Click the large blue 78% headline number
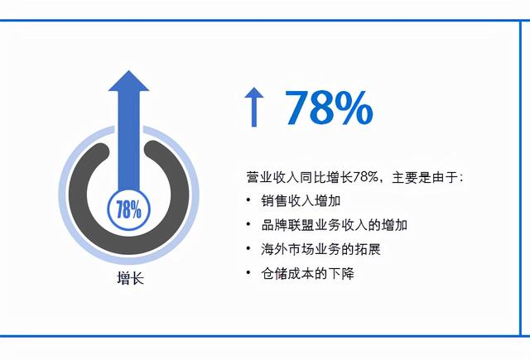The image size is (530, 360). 329,108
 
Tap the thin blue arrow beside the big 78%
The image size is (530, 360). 252,108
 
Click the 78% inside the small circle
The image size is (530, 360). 128,209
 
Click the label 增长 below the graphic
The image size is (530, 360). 130,278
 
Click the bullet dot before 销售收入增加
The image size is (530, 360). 248,200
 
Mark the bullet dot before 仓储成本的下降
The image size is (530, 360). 248,272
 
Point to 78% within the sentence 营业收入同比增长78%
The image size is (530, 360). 365,176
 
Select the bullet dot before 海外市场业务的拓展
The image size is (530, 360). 248,248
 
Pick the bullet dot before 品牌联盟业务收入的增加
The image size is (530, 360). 248,224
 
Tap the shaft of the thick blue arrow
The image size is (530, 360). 128,141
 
